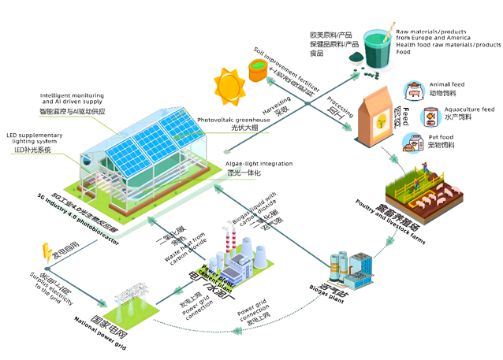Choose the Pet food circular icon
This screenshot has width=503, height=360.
pos(413,143)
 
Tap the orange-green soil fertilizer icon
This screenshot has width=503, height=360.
pos(258,70)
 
